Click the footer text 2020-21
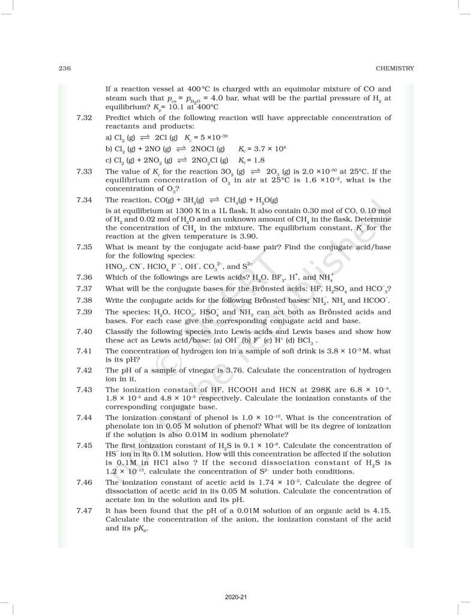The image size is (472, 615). click(x=235, y=597)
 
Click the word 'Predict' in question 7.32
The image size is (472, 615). click(x=118, y=117)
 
